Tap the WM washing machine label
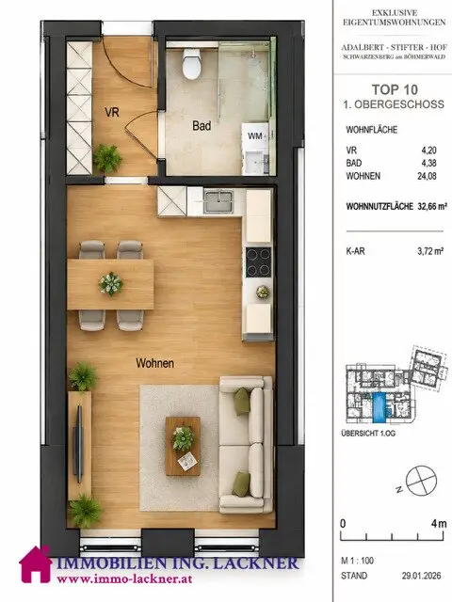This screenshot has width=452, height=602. pos(255,135)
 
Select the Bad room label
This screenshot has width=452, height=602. pos(202,125)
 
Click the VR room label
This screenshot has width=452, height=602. pos(112,112)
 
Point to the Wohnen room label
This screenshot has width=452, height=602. pos(154,363)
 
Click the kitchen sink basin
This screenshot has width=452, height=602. pos(218,202)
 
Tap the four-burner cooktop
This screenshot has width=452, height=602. pos(258,261)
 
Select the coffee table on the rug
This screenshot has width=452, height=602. pos(183,446)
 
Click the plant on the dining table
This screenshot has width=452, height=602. pos(111,284)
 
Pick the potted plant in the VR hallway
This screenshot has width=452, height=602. pos(107,158)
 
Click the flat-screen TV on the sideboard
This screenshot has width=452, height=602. pos(79,444)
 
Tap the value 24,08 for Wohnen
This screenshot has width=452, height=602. pos(427,176)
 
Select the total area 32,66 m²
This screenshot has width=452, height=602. pos(432,206)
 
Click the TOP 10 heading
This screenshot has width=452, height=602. pos(395,89)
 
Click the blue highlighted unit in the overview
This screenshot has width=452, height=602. pos(378,407)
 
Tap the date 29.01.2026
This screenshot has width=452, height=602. pos(422,576)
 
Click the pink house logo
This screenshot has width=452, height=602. pos(36,564)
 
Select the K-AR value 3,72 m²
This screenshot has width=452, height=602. pos(430,251)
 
